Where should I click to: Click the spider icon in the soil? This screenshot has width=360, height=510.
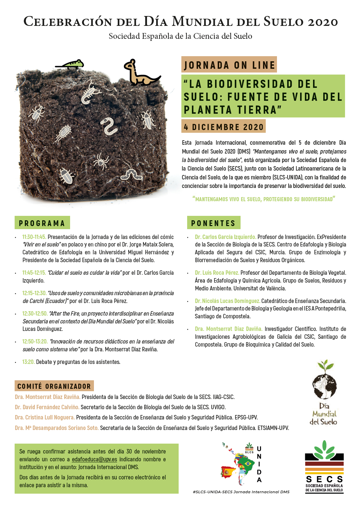click(101, 161)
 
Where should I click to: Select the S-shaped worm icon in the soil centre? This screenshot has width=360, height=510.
click(109, 126)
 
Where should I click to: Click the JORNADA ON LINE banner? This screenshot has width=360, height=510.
click(229, 65)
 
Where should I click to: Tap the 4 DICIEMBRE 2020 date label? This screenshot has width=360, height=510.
click(224, 127)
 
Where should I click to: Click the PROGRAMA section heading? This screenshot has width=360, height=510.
click(42, 223)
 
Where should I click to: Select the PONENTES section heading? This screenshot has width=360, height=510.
click(213, 223)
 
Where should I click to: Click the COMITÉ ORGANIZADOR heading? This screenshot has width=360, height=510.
click(54, 386)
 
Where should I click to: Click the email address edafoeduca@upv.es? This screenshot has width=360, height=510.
click(94, 459)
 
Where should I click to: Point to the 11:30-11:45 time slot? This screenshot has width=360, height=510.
click(34, 237)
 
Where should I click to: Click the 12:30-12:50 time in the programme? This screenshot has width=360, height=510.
click(35, 314)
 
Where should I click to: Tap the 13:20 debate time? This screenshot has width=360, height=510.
click(28, 362)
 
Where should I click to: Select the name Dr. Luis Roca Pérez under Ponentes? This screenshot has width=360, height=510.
click(217, 273)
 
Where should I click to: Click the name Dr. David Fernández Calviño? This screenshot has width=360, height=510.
click(47, 407)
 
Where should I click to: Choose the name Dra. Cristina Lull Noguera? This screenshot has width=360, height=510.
click(45, 417)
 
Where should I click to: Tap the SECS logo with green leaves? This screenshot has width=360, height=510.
click(324, 466)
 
